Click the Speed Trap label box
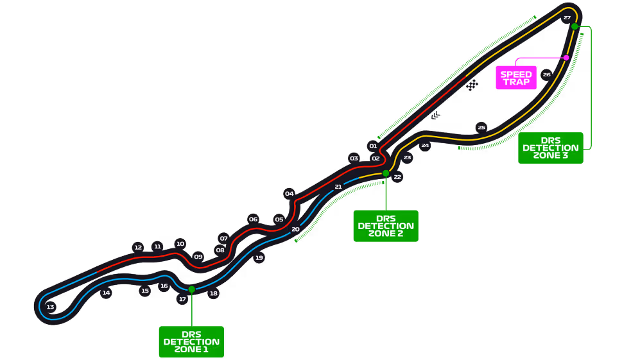coord(516,78)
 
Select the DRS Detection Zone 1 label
coord(191,341)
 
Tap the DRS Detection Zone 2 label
coord(386,226)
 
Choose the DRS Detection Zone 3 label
coord(551,148)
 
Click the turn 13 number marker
coord(50,307)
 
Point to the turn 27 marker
coord(567,18)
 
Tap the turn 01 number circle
coord(373,146)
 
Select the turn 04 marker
coord(290,194)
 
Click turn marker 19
coord(259,258)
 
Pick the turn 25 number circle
coord(481,127)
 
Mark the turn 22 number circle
coord(397,176)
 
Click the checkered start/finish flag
coord(472,85)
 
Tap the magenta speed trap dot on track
coord(566,57)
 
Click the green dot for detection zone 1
coord(191,289)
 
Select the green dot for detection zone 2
coord(385,173)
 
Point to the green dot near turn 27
coord(575,26)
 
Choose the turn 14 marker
coord(107,293)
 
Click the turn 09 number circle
coord(198,257)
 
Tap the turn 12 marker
coord(138,247)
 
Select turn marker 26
coord(546,74)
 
